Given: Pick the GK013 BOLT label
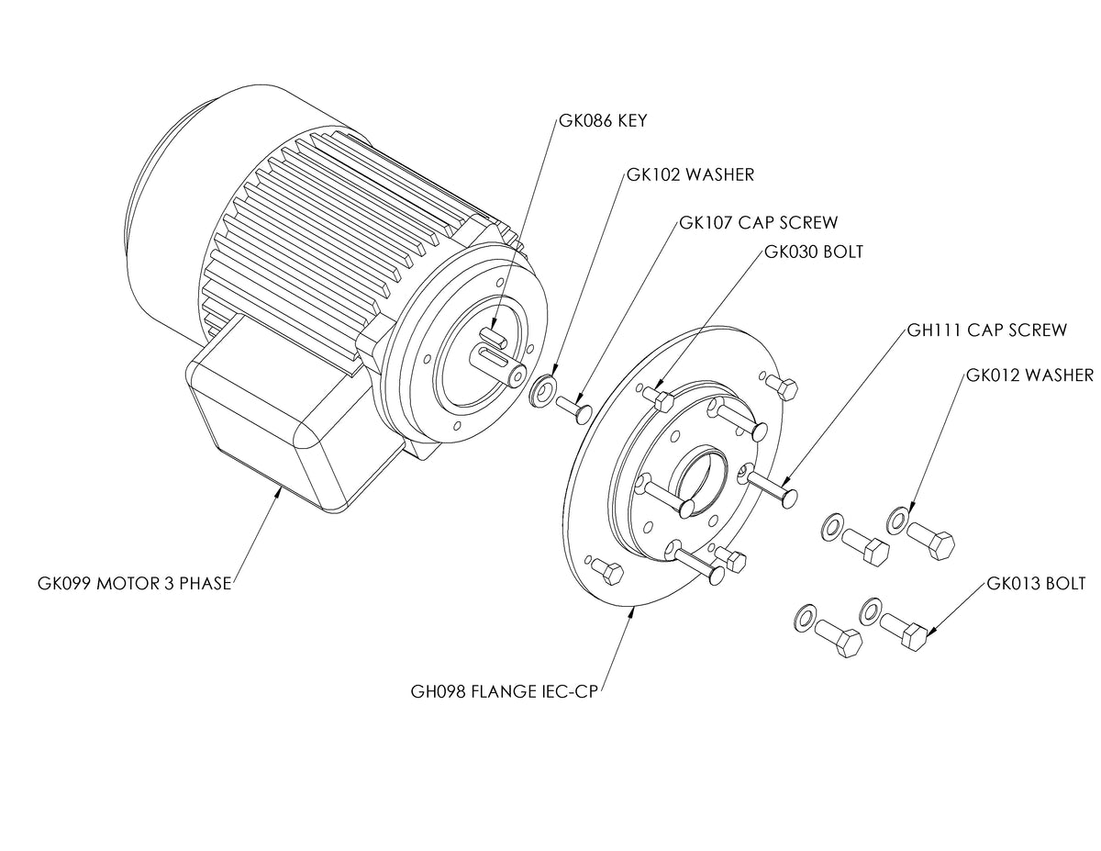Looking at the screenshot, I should (x=1036, y=584).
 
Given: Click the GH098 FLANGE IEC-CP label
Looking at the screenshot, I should (x=504, y=690).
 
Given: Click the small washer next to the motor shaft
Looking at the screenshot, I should (x=545, y=389).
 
